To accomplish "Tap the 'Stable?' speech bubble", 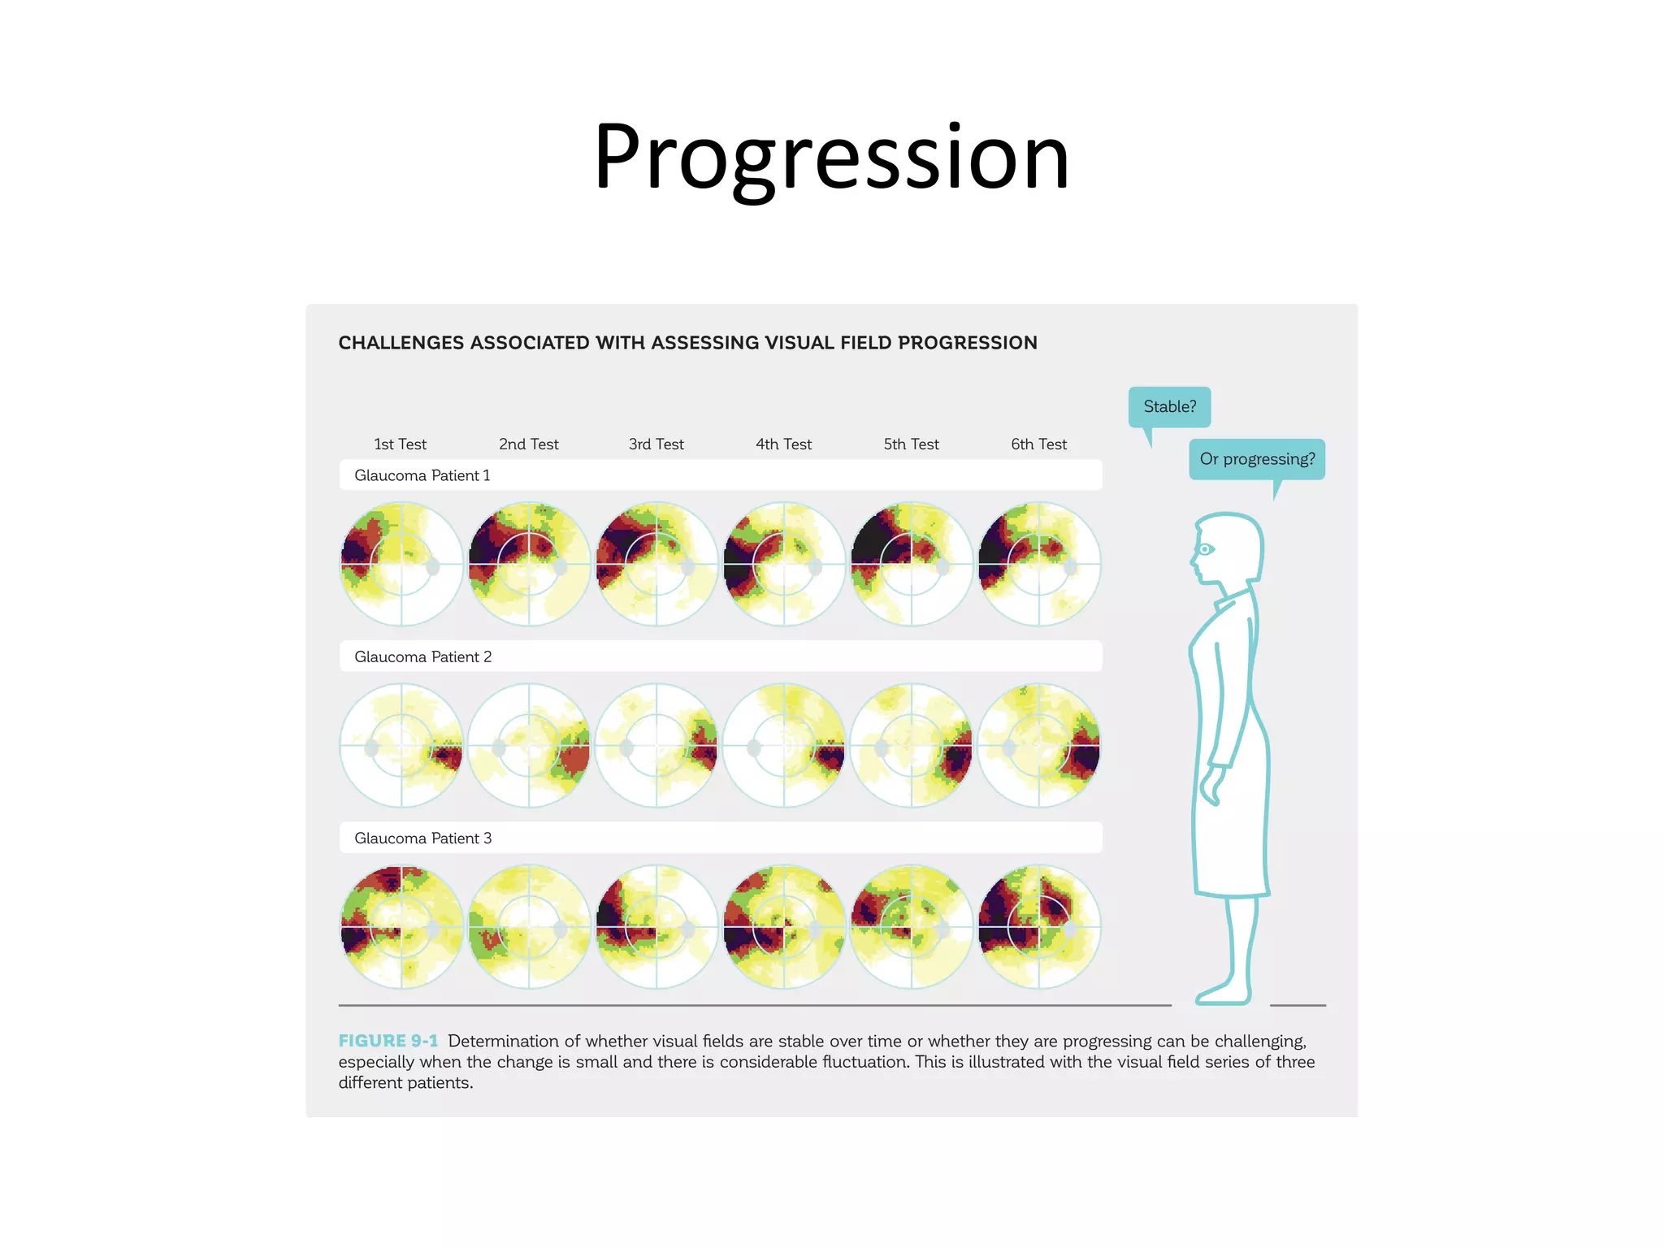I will coord(1169,406).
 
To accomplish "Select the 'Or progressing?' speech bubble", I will coord(1256,459).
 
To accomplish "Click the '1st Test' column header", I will coord(400,444).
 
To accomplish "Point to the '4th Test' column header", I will coord(783,444).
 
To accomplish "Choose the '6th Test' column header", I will coord(1038,444).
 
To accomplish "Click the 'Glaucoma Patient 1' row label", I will coord(422,475).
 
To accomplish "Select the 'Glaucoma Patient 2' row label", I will coord(422,656).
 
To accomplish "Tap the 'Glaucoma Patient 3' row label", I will coord(422,838).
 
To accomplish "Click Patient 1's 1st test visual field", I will coord(401,564).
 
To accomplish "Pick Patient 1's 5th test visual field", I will coord(912,564).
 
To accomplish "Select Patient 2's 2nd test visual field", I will coord(529,745).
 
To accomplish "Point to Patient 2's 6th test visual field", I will coord(1039,745).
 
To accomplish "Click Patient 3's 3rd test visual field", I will coord(656,926).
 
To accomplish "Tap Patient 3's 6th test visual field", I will coord(1039,926).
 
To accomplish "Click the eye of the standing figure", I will coord(1205,549).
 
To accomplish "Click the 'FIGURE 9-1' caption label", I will coord(388,1041).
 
